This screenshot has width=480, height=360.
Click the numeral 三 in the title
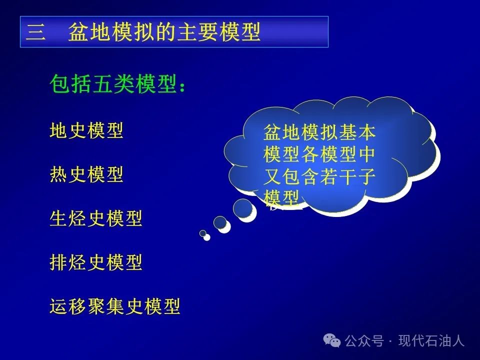[36, 32]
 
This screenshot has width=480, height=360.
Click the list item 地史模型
[86, 130]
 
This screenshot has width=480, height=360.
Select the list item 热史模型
[86, 174]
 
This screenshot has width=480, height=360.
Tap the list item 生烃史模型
[96, 218]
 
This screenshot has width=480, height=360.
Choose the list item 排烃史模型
[96, 262]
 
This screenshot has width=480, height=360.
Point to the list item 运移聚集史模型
[115, 306]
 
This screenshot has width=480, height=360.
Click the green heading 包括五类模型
[113, 83]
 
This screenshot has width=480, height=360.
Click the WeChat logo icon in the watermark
[332, 340]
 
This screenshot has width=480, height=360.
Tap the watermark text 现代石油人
[431, 340]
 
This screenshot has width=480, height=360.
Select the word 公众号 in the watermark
[364, 340]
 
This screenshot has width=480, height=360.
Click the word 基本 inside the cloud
[357, 132]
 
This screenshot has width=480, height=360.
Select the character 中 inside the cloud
[366, 154]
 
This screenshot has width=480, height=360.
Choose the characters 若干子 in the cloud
[348, 176]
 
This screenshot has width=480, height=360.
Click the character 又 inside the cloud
[272, 176]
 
